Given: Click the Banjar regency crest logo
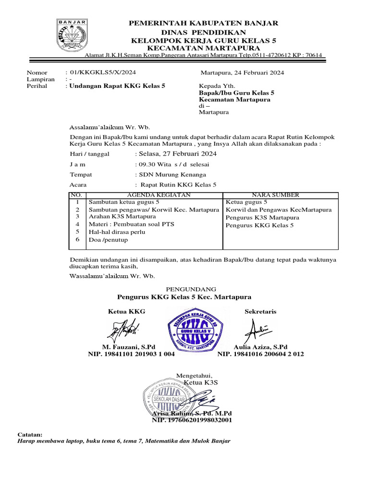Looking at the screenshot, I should click(73, 36).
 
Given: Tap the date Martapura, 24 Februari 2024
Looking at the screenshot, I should click(242, 73).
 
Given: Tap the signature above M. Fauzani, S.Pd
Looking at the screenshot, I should click(124, 331).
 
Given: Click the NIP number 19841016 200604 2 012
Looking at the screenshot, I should click(260, 354).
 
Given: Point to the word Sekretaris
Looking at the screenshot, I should click(260, 311).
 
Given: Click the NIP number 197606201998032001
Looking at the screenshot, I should click(192, 420).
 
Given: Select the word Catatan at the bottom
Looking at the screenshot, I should click(30, 434).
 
